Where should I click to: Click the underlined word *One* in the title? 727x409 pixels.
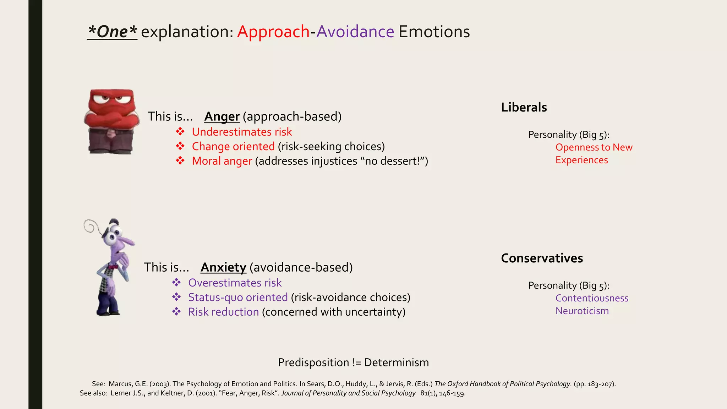[112, 32]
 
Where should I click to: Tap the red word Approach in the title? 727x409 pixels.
[273, 32]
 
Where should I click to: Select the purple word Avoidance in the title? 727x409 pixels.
[355, 32]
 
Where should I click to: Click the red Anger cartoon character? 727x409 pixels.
[111, 121]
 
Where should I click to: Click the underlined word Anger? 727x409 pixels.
[222, 116]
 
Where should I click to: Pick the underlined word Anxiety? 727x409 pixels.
[223, 267]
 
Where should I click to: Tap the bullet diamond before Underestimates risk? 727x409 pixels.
[180, 132]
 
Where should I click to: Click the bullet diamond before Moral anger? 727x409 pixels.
[180, 161]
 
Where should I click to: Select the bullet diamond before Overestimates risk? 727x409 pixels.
[176, 283]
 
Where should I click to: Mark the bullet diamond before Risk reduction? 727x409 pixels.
[176, 312]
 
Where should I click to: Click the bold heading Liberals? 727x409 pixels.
[524, 107]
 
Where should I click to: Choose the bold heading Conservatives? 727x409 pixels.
[542, 258]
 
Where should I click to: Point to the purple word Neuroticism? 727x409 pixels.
[582, 311]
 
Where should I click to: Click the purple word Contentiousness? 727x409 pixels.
[592, 298]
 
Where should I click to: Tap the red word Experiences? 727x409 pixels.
[581, 160]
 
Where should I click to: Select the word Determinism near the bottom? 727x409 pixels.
[396, 362]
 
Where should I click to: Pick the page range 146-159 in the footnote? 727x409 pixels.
[452, 393]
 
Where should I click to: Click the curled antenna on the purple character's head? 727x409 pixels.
[90, 226]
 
